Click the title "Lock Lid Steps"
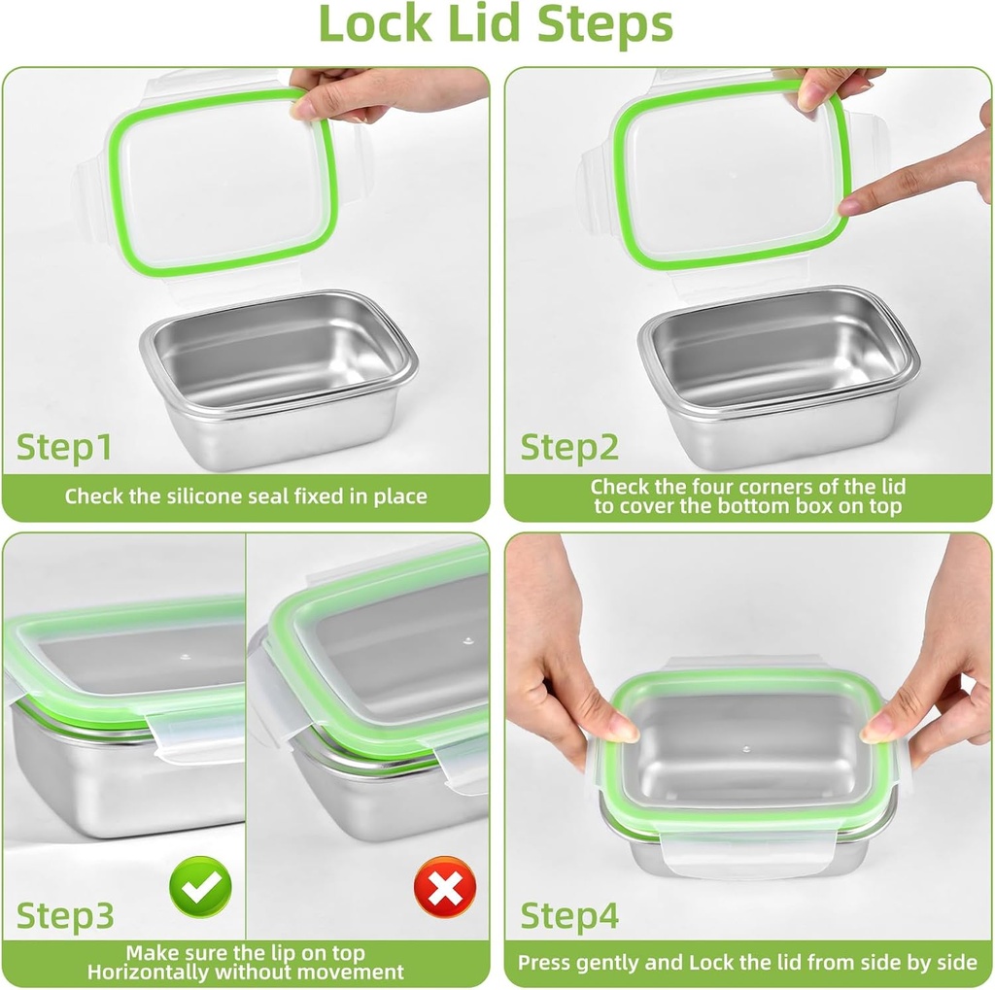(x=496, y=25)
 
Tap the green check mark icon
(x=200, y=886)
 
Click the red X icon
(x=444, y=886)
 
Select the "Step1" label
(x=64, y=448)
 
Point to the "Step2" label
(x=569, y=448)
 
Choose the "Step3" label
(x=65, y=915)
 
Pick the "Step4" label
(x=569, y=915)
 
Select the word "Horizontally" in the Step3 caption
(x=148, y=972)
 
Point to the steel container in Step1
(x=279, y=379)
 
